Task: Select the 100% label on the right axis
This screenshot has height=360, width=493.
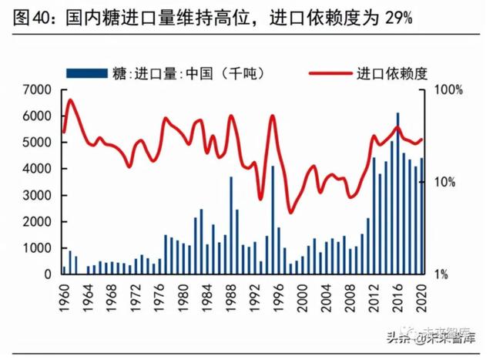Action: point(448,90)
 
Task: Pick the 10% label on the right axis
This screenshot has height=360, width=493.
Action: point(448,183)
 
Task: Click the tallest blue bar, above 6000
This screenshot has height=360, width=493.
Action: point(398,193)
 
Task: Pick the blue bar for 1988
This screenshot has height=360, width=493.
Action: point(231,225)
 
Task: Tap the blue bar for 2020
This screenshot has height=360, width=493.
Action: point(422,216)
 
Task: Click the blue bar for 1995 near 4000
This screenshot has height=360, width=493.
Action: point(273,220)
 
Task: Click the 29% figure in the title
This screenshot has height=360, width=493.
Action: point(394,18)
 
